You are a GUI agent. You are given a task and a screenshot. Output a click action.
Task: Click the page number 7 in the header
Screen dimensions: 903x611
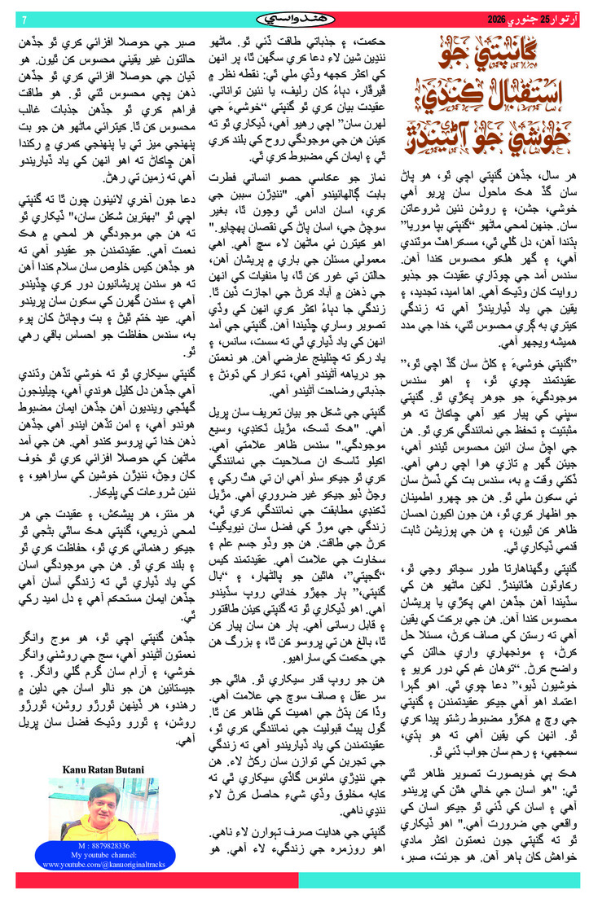point(24,19)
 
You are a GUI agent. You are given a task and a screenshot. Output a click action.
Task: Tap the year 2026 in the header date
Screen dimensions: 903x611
point(498,19)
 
